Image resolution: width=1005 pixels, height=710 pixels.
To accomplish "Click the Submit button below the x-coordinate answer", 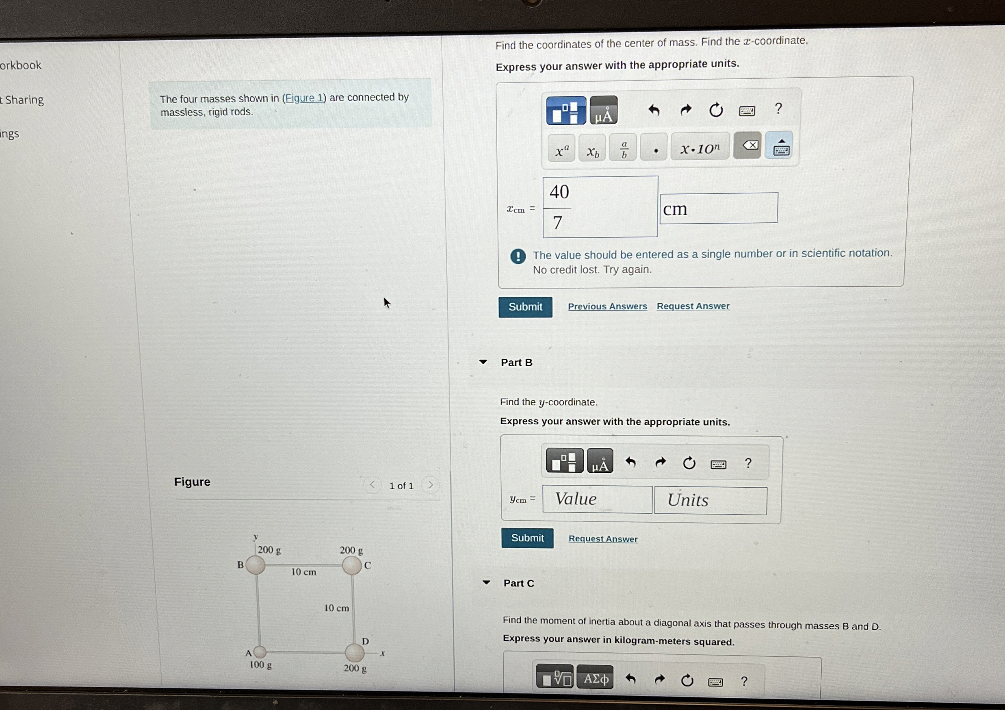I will tap(525, 306).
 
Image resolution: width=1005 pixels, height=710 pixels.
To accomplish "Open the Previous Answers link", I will tap(607, 306).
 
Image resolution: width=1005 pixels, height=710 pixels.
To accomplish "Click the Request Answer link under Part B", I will tap(603, 539).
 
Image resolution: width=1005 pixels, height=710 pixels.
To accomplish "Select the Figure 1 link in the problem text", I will tap(304, 98).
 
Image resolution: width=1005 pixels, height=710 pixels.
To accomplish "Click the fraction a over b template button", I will tap(624, 149).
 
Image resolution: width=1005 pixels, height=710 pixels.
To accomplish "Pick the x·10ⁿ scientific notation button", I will tap(700, 148).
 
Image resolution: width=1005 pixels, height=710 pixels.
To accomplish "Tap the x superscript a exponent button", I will tap(561, 150).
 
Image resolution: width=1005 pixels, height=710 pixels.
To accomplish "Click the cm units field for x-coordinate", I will tap(718, 209).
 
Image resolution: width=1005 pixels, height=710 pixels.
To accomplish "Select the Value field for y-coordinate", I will tap(597, 499).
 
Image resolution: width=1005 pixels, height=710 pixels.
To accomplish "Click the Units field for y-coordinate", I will tap(710, 500).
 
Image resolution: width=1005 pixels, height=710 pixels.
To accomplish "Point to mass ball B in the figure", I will tap(255, 565).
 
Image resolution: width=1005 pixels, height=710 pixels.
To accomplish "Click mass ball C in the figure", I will tap(351, 565).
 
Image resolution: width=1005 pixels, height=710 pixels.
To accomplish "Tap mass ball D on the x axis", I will tap(355, 653).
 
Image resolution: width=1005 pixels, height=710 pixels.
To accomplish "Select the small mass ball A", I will tap(260, 652).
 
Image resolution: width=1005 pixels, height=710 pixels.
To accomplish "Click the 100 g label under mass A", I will tap(260, 665).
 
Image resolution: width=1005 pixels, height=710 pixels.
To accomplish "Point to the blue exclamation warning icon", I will tap(518, 256).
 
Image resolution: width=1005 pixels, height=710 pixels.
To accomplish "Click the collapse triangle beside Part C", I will tap(486, 582).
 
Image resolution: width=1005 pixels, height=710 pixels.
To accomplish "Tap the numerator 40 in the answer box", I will tap(559, 192).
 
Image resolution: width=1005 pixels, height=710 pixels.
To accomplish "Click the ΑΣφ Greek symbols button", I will tap(594, 678).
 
